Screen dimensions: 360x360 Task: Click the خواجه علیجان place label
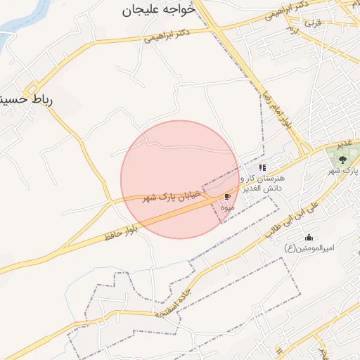click(x=152, y=10)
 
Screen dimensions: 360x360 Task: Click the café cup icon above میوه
click(x=227, y=197)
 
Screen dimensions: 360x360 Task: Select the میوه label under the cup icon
click(x=227, y=207)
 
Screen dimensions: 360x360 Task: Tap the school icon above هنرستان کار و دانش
click(x=263, y=168)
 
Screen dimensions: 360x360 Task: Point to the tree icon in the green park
click(x=342, y=160)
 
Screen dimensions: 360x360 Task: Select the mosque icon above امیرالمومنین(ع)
click(x=309, y=238)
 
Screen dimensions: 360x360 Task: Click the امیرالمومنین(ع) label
click(x=309, y=248)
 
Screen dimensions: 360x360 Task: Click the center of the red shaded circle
click(x=179, y=179)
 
